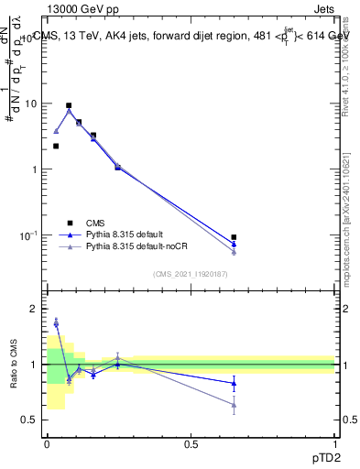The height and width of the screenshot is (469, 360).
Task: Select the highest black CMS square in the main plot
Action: point(69,105)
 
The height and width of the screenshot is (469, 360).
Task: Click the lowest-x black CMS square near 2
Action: point(56,146)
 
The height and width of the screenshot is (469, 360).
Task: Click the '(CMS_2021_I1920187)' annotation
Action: point(190,274)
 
